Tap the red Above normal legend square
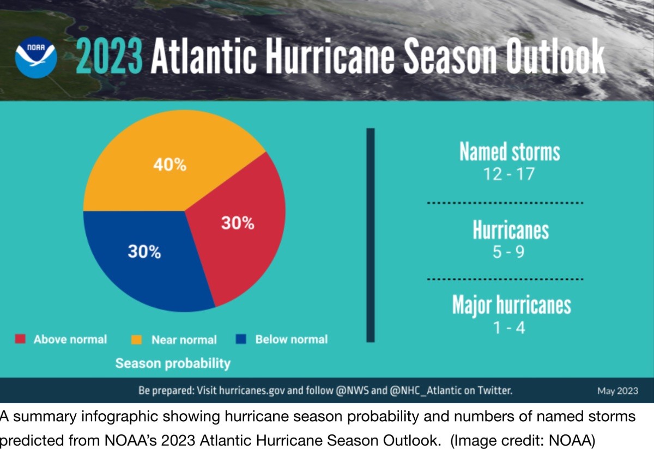[20, 339]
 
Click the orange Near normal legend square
[137, 339]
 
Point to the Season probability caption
[173, 363]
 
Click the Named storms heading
[510, 152]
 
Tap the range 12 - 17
[509, 175]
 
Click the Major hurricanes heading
[511, 305]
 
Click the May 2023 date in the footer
[617, 391]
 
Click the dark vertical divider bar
[371, 235]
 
